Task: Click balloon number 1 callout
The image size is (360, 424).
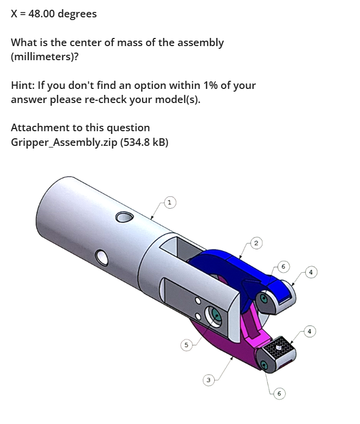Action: tap(170, 202)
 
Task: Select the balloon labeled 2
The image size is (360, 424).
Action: tap(256, 243)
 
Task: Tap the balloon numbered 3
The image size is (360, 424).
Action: tap(208, 380)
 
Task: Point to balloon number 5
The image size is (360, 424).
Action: tap(186, 345)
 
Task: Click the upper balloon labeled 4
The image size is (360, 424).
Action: tap(311, 272)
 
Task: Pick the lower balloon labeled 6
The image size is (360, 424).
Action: tap(279, 393)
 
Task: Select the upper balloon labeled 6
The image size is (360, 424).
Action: tap(283, 267)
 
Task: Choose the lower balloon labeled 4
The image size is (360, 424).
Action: tap(310, 331)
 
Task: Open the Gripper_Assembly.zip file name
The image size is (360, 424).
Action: tap(64, 142)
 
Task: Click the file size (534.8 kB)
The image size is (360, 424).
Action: tap(144, 142)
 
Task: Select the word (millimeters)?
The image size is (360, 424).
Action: tap(44, 57)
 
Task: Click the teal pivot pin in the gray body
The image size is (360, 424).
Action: tap(216, 315)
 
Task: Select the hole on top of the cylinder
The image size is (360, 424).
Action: tap(124, 217)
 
